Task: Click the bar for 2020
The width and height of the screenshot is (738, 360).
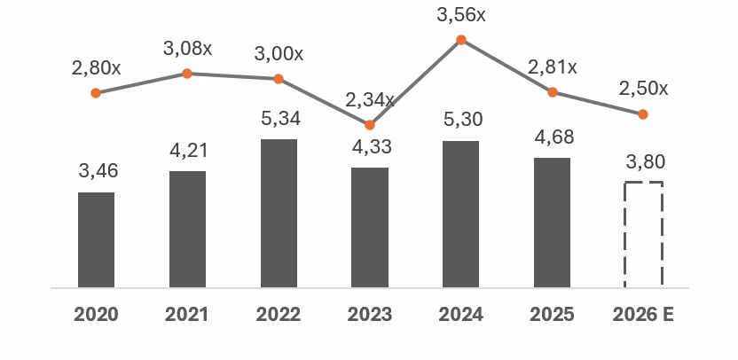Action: click(x=96, y=239)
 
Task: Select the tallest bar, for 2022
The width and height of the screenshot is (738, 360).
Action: click(x=279, y=213)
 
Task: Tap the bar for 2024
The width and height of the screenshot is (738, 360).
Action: click(x=460, y=214)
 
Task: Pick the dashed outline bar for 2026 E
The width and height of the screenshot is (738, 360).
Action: click(x=643, y=234)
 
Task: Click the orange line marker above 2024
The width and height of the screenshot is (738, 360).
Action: click(x=461, y=40)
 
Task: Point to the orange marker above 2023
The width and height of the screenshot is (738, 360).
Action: click(x=370, y=125)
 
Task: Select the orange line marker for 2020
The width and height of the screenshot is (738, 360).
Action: click(x=96, y=92)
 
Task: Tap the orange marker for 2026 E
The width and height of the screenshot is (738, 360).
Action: click(x=643, y=113)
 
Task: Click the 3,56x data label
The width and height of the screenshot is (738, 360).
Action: click(x=461, y=15)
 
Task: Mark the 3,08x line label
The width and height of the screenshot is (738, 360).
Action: click(x=187, y=49)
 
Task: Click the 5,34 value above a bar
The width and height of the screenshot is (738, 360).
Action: click(x=279, y=118)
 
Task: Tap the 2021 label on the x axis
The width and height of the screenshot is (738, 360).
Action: click(x=187, y=315)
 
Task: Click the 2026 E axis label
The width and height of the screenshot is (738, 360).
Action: click(x=644, y=315)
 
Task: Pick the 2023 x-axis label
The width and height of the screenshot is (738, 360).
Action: click(x=370, y=315)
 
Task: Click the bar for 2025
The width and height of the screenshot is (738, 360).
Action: click(x=552, y=223)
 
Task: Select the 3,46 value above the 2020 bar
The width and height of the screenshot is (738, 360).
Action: click(x=98, y=171)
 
